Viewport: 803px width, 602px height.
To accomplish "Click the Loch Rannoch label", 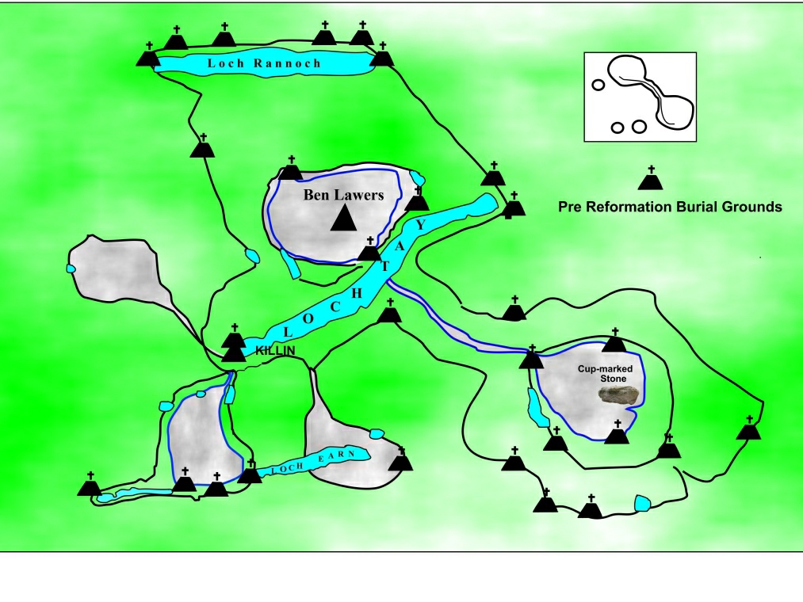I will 265,63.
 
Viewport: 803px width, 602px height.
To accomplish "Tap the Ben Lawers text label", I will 343,195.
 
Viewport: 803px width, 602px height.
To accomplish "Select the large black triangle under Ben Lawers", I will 343,218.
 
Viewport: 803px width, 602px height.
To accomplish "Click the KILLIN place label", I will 274,350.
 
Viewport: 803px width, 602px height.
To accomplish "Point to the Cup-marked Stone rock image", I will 619,396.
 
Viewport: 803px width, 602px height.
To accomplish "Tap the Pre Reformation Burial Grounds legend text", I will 670,208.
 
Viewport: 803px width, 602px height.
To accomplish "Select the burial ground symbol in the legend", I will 651,180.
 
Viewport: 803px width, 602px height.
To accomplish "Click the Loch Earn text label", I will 316,461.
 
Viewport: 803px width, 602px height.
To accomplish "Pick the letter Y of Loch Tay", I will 421,225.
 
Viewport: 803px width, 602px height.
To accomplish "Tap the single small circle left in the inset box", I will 598,84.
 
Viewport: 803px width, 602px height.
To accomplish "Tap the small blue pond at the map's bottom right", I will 643,504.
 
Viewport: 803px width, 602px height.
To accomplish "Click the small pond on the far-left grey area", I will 71,269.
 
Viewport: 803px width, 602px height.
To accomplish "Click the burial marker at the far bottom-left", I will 90,486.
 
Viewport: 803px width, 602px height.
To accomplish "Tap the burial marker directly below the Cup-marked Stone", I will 616,433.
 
